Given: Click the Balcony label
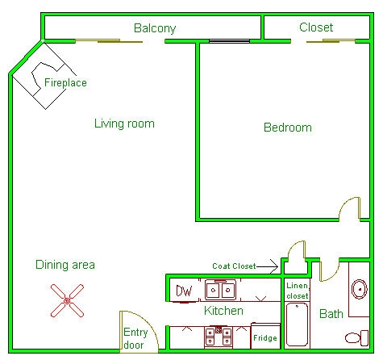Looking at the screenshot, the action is click(x=155, y=28).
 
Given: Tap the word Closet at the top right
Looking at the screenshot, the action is click(x=316, y=27).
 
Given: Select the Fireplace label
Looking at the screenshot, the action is click(x=65, y=82).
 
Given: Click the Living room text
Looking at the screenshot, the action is click(x=124, y=123).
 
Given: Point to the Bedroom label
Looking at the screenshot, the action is click(x=288, y=128).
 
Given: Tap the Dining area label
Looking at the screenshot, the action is click(x=65, y=265).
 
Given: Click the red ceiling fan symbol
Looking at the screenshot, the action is click(x=67, y=300).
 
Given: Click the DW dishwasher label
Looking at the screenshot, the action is click(x=184, y=291).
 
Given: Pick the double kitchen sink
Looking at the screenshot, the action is click(x=220, y=290).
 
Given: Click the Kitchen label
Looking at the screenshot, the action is click(x=223, y=311).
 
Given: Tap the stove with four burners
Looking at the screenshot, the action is click(x=219, y=337).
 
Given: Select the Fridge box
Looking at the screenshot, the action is click(x=265, y=336).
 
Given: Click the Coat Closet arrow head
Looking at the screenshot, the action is click(x=276, y=266).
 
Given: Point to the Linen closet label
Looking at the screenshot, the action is click(x=298, y=291).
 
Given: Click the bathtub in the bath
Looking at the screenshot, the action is click(x=297, y=324).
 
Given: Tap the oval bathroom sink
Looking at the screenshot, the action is click(x=360, y=289).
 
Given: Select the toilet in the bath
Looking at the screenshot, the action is click(x=356, y=338).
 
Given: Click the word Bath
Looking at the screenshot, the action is click(x=331, y=314).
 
